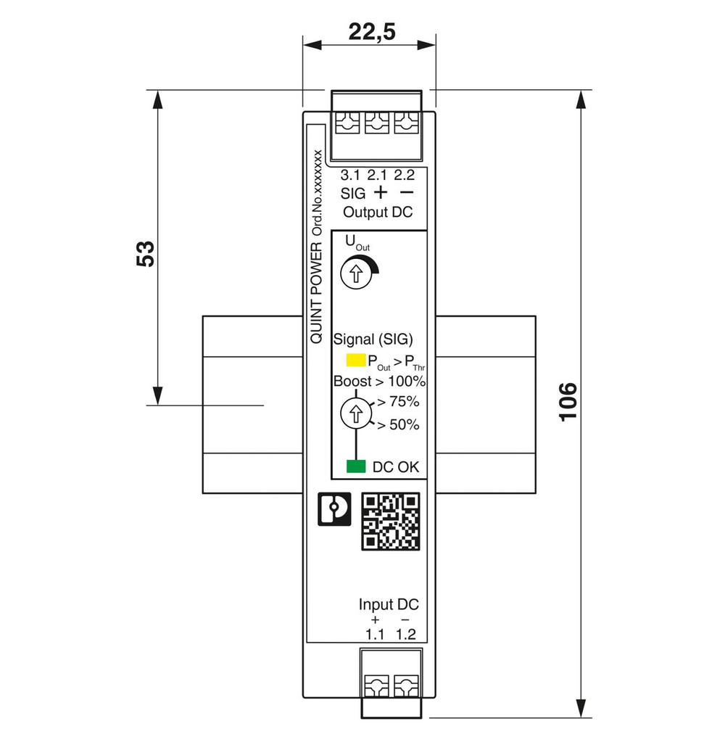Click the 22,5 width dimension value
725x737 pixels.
click(x=371, y=33)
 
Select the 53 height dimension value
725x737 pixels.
click(x=146, y=253)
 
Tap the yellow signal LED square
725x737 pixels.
click(x=355, y=361)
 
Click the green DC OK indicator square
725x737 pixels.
click(x=355, y=466)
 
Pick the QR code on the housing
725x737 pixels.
click(x=390, y=522)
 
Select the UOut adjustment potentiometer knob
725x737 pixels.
click(x=355, y=274)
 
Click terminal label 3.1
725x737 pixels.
click(x=350, y=175)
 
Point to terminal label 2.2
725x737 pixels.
click(x=405, y=175)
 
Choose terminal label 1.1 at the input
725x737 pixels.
click(x=374, y=635)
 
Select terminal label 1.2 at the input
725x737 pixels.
click(x=405, y=635)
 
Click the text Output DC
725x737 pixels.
click(x=377, y=213)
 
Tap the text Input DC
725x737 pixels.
click(x=389, y=604)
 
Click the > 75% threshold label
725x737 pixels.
click(x=399, y=401)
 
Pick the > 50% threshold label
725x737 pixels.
click(x=399, y=425)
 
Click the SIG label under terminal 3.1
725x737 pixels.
click(x=353, y=194)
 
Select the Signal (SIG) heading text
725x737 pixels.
click(x=373, y=339)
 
